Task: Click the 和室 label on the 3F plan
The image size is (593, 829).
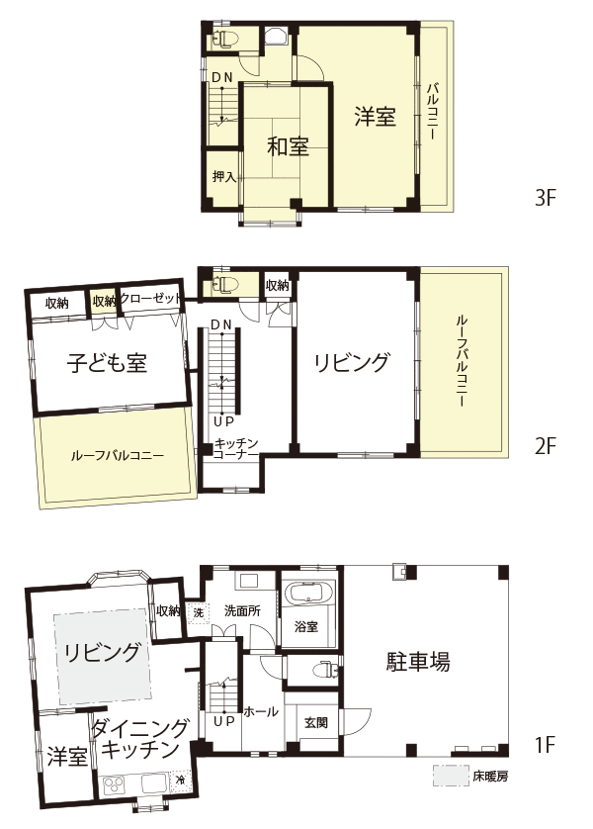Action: point(288,146)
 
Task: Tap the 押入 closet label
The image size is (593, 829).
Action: point(224,177)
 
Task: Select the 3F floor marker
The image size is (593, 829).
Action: point(546,198)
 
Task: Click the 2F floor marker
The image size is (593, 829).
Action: point(546,447)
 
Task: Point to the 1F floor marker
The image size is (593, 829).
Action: point(546,746)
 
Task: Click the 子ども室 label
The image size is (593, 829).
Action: point(107,363)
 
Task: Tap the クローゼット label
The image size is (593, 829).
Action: point(151,298)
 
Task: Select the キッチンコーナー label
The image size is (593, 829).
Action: point(236,448)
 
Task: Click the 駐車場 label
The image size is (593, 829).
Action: point(418,661)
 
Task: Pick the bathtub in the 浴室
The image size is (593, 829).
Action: point(308,593)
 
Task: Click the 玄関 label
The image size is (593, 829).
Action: point(316,722)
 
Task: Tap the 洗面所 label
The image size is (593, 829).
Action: point(242,611)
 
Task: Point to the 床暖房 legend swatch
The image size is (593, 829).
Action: point(451,775)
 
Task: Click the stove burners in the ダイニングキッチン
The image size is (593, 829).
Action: point(113,783)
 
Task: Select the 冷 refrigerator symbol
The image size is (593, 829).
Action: point(181,780)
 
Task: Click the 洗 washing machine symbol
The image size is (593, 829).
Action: point(199,613)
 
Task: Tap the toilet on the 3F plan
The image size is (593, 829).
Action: point(225,41)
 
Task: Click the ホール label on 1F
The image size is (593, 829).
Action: point(260,711)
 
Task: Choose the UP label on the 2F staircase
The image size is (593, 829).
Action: point(223,421)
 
